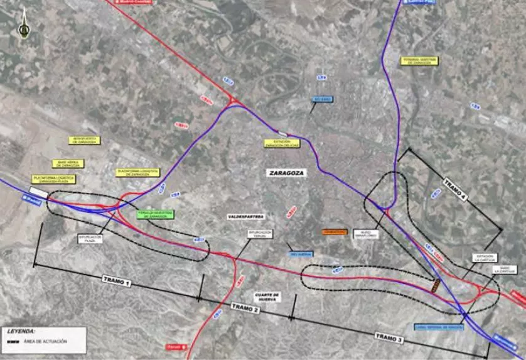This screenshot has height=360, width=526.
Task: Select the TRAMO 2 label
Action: (245, 307)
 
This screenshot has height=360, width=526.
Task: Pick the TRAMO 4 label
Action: (455, 190)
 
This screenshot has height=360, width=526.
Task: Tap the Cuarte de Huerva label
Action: (267, 297)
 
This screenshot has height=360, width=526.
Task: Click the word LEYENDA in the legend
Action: (21, 330)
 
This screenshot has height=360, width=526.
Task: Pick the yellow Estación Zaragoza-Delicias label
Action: (282, 143)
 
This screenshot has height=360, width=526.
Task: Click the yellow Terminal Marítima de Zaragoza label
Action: (420, 61)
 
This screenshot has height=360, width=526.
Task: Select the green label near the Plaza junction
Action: (156, 214)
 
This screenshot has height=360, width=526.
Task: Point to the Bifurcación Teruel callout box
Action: (259, 234)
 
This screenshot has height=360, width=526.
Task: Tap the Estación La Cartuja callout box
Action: (486, 258)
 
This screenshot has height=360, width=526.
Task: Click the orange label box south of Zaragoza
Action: (335, 232)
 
